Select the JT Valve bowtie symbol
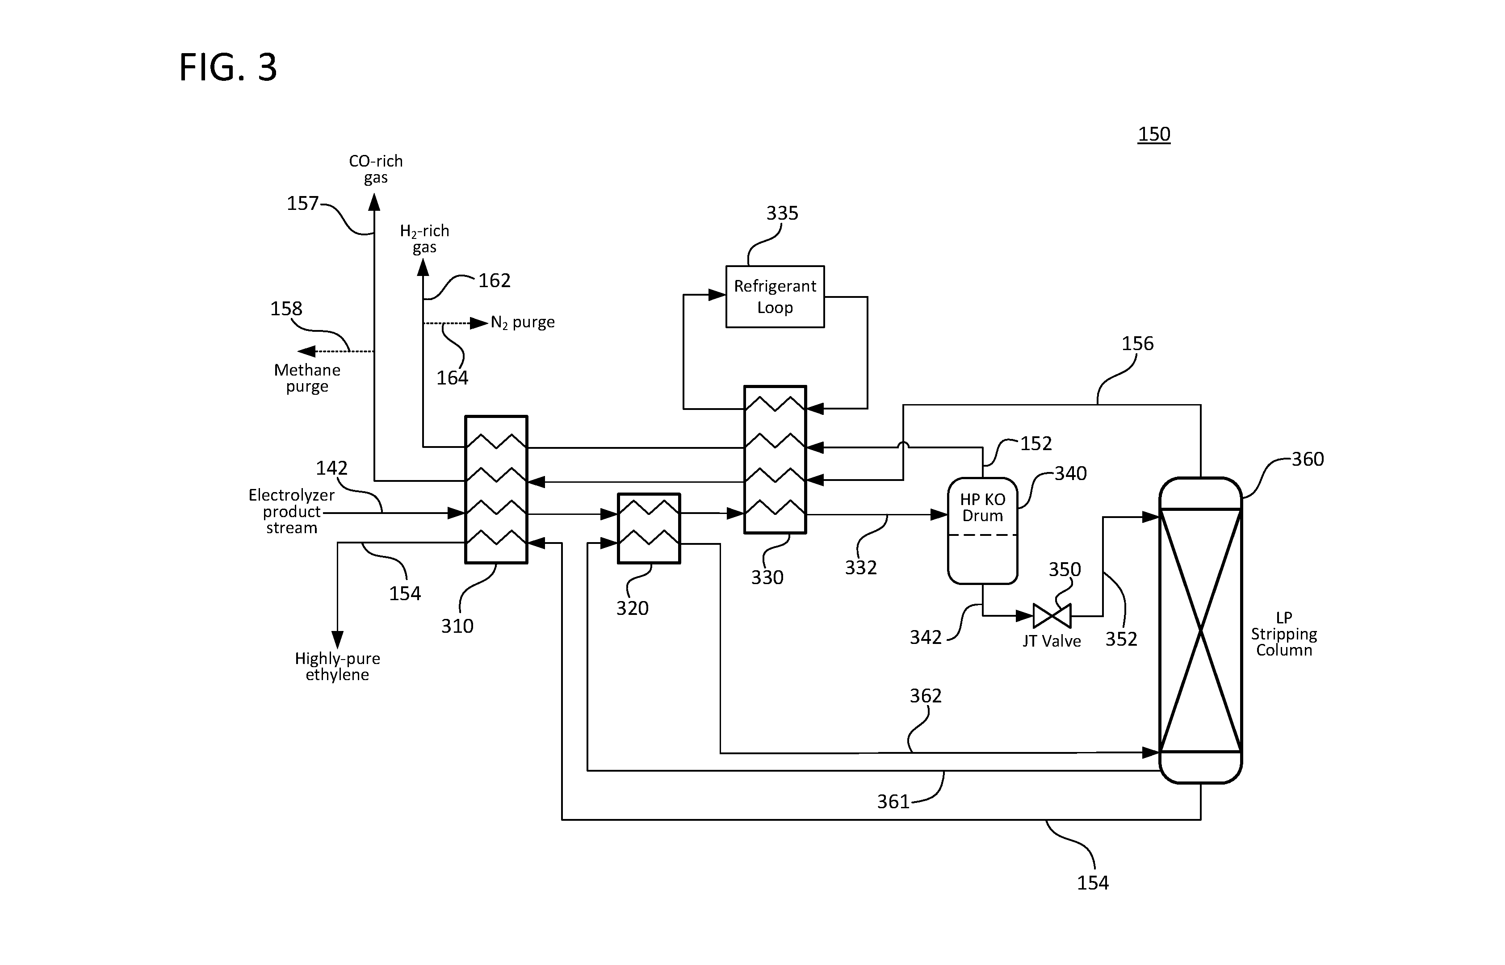click(1052, 616)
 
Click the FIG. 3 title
click(228, 68)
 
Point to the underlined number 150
click(1154, 134)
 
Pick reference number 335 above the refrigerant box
click(782, 213)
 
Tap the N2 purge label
click(523, 323)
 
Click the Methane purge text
click(307, 378)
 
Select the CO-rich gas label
click(375, 169)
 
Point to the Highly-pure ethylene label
click(337, 666)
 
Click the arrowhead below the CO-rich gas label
click(374, 201)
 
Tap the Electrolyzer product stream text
click(291, 511)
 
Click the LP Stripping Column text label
click(1284, 634)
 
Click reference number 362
click(926, 696)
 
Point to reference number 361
click(893, 802)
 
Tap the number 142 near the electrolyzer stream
click(331, 468)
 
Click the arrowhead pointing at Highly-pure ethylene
click(337, 640)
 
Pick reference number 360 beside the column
click(1308, 460)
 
